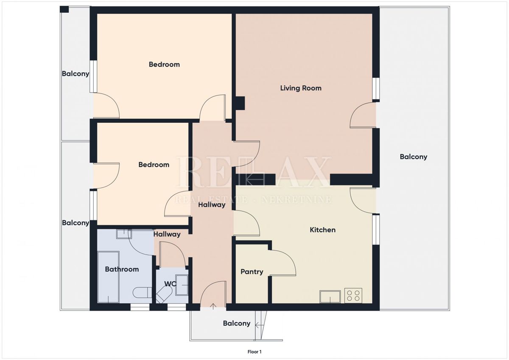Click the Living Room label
[x=301, y=88]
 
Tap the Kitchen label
[x=322, y=230]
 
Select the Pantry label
[x=252, y=272]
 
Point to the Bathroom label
[x=122, y=269]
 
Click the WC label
[x=171, y=284]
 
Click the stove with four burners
[x=353, y=295]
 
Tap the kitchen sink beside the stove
[x=330, y=296]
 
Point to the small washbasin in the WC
[x=182, y=284]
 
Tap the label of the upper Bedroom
[x=164, y=65]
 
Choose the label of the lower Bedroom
[x=154, y=165]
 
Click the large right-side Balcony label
[x=413, y=157]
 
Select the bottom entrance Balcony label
[x=236, y=323]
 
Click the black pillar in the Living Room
[x=240, y=103]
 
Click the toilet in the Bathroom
[x=141, y=292]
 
